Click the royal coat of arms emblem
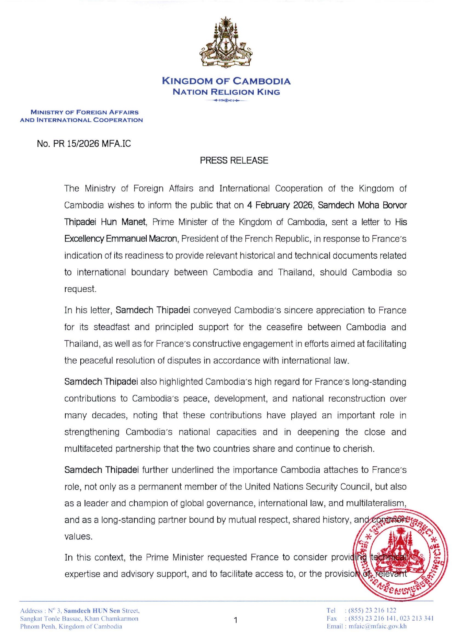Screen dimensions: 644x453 [x=226, y=43]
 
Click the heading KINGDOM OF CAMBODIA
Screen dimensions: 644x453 [x=226, y=81]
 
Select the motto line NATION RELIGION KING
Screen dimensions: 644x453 [x=226, y=92]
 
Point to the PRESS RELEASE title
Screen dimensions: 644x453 [x=234, y=160]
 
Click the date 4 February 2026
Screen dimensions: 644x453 [x=280, y=205]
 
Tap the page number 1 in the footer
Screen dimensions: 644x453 [x=235, y=620]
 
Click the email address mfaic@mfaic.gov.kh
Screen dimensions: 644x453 [x=377, y=626]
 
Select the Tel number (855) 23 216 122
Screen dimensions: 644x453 [x=372, y=610]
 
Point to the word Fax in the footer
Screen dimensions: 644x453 [x=331, y=618]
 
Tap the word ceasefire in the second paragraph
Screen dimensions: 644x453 [x=284, y=327]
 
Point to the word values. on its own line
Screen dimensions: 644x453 [x=78, y=537]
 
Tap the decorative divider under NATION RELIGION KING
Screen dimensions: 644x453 [x=226, y=100]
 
